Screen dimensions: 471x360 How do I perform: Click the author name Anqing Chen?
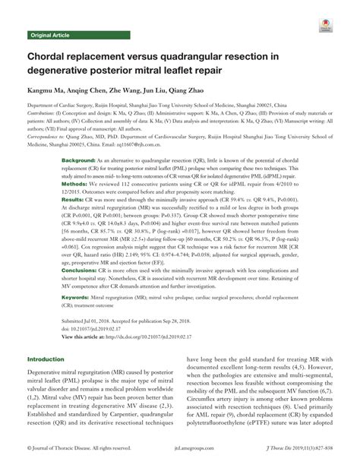click(90, 90)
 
